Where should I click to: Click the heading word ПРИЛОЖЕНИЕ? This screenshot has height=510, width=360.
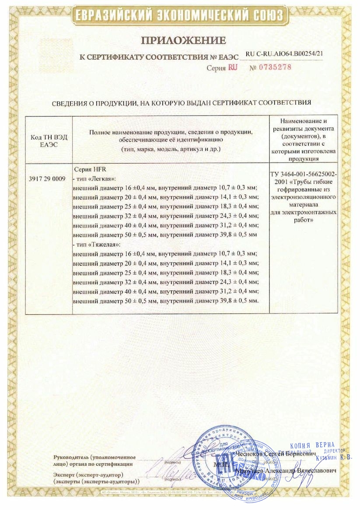[183, 41]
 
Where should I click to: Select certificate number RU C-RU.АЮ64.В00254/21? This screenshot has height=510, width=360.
[284, 53]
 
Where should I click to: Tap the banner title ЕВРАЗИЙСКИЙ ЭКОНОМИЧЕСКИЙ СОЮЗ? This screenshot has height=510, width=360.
[180, 16]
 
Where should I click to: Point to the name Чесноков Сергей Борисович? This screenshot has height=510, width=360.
[276, 455]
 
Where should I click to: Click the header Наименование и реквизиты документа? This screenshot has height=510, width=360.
[304, 125]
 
